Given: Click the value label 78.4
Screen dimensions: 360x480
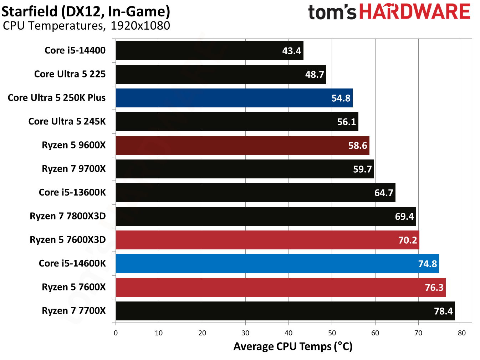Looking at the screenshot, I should (x=443, y=311).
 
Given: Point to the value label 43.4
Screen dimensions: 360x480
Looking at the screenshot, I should (x=291, y=51).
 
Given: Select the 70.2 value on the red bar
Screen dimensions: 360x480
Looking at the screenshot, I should (x=407, y=240).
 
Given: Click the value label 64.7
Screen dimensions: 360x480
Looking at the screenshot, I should (x=383, y=193).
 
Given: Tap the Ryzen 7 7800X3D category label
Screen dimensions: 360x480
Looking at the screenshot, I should (x=68, y=216).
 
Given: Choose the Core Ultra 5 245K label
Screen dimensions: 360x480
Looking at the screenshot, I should (x=67, y=122).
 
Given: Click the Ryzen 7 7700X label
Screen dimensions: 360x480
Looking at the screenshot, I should (x=74, y=311).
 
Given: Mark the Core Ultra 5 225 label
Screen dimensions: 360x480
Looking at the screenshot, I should (x=70, y=74).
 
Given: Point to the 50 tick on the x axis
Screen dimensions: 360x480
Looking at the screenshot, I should (x=332, y=333).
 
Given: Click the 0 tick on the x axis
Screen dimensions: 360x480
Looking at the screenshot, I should (x=116, y=333).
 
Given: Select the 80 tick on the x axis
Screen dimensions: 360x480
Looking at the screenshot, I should (x=461, y=333).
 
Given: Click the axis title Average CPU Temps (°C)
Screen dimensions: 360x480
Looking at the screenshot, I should (x=293, y=346).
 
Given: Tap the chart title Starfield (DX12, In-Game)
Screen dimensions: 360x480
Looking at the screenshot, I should (x=86, y=11).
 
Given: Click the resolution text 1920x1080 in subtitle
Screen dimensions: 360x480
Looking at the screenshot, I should (x=140, y=26).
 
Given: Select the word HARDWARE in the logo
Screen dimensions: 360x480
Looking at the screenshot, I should (x=414, y=12).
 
